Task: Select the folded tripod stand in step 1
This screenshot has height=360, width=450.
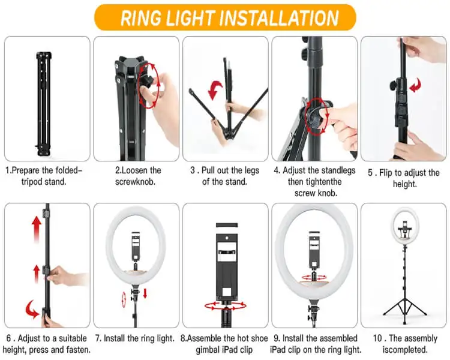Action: [44, 104]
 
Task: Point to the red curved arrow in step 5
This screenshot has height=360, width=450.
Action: [416, 85]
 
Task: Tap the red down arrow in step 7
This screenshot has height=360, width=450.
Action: [145, 293]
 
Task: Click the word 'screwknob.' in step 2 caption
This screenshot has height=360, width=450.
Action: [135, 182]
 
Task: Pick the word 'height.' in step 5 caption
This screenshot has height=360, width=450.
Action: [404, 184]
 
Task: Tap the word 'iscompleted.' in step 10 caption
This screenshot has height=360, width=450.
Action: [405, 350]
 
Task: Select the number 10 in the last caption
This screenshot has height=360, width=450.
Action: [377, 338]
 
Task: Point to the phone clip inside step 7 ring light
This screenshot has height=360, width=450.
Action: [136, 247]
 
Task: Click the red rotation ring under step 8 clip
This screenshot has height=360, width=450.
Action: [225, 306]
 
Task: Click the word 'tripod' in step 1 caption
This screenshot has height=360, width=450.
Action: [33, 182]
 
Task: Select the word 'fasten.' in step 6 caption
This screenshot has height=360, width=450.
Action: [79, 350]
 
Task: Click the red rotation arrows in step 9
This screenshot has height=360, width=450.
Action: [314, 278]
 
